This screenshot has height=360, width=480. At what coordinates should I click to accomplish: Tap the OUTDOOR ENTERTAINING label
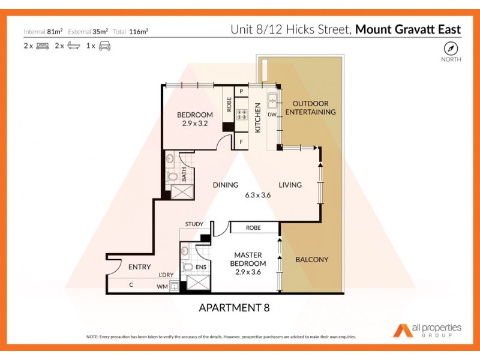[310, 108]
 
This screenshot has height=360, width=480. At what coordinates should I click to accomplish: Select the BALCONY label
[312, 259]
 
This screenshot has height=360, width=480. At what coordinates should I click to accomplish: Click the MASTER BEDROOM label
[249, 259]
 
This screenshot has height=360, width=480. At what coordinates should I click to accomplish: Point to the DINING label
[226, 185]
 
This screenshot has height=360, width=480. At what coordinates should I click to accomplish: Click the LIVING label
[290, 185]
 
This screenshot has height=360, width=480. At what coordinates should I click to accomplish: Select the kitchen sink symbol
[272, 101]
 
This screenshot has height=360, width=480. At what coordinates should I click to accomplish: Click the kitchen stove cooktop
[242, 114]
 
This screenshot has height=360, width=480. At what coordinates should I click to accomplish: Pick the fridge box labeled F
[242, 143]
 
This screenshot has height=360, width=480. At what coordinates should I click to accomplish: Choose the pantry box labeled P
[242, 91]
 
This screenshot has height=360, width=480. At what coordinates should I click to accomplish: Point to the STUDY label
[194, 224]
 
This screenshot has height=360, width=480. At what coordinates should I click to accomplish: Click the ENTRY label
[139, 267]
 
